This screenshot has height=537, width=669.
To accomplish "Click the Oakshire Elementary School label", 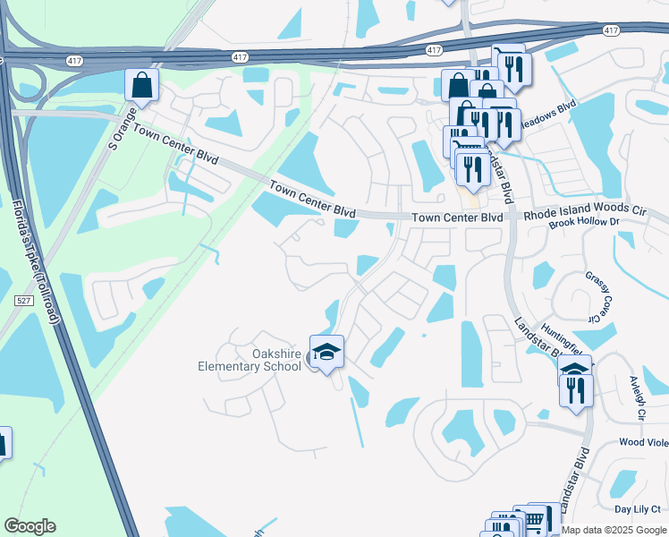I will point(250,359).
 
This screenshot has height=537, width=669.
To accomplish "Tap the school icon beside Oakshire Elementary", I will point(326,350).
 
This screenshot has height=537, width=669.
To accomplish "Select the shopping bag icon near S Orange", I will point(141,86).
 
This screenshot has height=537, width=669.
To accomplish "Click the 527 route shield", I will point(25,301).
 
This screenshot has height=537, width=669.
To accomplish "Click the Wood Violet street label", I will point(643,442).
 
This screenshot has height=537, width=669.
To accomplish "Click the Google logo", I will point(30,526).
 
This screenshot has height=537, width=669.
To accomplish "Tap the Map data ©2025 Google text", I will point(614,530).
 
